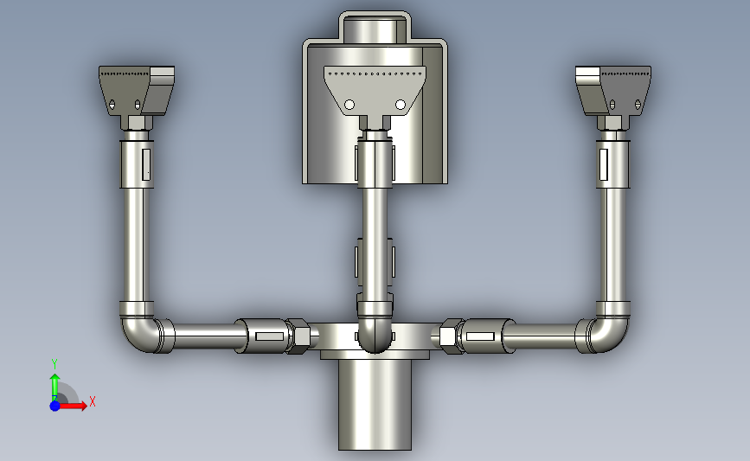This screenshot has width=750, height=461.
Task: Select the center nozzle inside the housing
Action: (375, 90)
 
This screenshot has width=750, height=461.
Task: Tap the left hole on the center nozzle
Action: (349, 105)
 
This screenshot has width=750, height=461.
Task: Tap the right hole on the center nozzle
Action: (401, 105)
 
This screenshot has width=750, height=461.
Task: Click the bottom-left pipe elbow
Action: (138, 334)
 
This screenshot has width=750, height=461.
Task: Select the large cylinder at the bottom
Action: (375, 405)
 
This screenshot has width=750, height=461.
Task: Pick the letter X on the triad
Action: (92, 401)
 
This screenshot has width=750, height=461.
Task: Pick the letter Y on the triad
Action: (54, 363)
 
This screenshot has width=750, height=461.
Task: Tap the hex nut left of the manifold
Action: (300, 335)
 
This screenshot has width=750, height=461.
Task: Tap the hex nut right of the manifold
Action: (450, 335)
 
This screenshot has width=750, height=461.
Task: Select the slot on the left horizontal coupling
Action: (268, 335)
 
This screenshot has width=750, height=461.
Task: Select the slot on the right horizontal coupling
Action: (481, 334)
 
